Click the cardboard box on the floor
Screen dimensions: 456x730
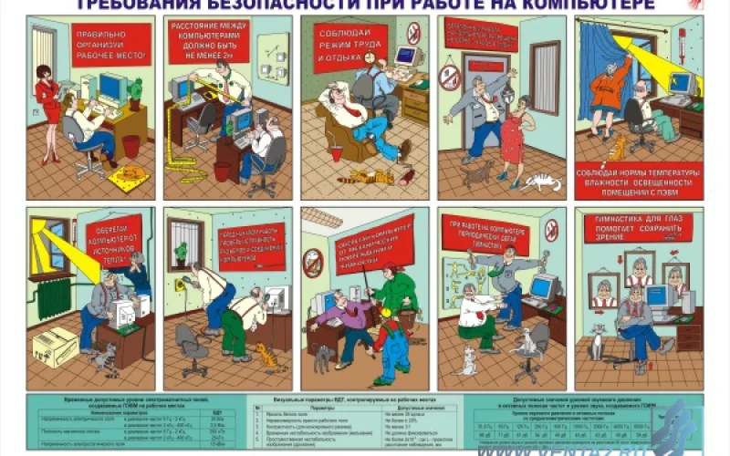point(55,347)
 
